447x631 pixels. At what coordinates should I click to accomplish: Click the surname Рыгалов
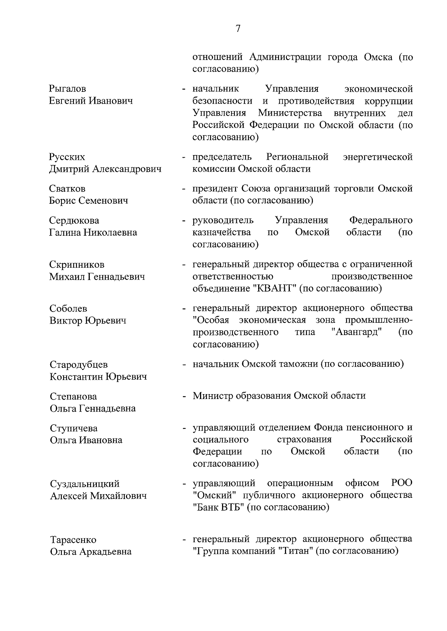[67, 89]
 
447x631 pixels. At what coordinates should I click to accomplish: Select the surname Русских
[67, 157]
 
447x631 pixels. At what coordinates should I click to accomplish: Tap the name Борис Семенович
[89, 201]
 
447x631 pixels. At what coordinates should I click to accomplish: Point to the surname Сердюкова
[74, 221]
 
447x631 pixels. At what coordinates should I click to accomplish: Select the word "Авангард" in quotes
[358, 332]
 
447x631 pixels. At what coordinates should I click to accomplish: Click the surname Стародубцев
[79, 365]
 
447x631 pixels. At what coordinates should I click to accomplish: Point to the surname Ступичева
[74, 428]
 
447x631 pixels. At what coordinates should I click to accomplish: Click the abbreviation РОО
[402, 483]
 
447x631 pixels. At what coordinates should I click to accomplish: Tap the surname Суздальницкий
[85, 484]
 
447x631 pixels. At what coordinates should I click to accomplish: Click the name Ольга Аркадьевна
[91, 551]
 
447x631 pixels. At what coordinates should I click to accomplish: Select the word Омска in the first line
[373, 58]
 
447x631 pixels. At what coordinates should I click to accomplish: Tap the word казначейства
[222, 233]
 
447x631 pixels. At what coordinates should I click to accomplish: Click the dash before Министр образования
[184, 396]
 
